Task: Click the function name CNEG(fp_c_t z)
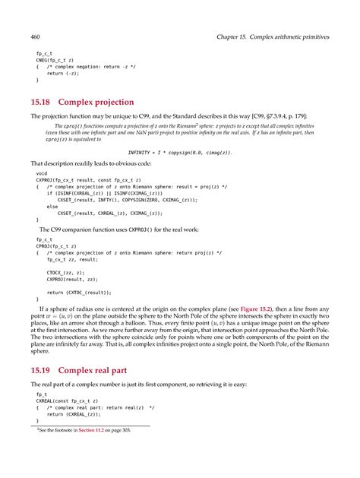tap(52, 61)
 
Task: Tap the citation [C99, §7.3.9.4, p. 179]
tap(289, 116)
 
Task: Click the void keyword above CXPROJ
tap(42, 173)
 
